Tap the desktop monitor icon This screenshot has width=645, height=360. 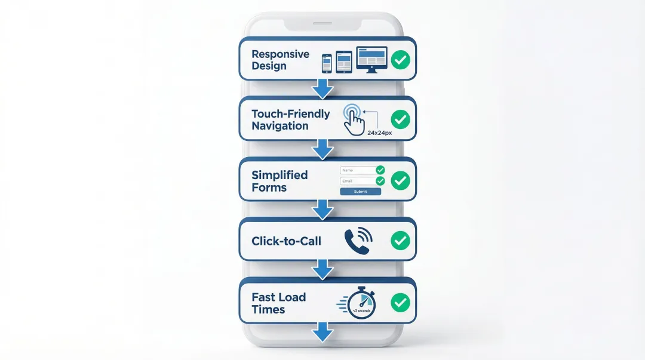371,59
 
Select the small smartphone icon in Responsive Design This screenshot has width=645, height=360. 327,63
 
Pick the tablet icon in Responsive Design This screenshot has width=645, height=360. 344,62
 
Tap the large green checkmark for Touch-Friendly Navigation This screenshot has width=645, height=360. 400,119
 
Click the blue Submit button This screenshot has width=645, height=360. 360,192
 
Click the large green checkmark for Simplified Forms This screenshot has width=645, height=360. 400,180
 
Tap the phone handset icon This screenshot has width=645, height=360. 357,241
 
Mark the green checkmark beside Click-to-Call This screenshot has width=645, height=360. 400,241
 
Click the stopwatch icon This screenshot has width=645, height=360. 360,303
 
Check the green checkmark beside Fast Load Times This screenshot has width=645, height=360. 400,302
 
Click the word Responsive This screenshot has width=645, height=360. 280,54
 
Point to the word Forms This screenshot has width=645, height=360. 269,187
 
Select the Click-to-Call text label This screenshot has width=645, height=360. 286,241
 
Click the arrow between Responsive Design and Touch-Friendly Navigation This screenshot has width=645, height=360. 323,88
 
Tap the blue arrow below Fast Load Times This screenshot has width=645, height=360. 322,332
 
